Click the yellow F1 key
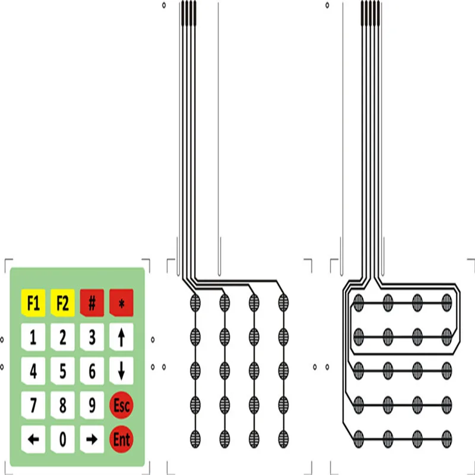pyautogui.click(x=33, y=303)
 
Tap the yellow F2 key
pyautogui.click(x=62, y=303)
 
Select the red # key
pyautogui.click(x=92, y=303)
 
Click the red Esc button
pyautogui.click(x=121, y=406)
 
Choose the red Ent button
pyautogui.click(x=121, y=439)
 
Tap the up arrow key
pyautogui.click(x=121, y=338)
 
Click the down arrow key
pyautogui.click(x=121, y=372)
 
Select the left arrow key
pyautogui.click(x=33, y=439)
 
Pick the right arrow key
pyautogui.click(x=92, y=439)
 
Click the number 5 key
pyautogui.click(x=62, y=372)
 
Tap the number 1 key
pyautogui.click(x=33, y=338)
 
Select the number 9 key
pyautogui.click(x=92, y=406)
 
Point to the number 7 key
pyautogui.click(x=33, y=406)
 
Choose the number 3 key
pyautogui.click(x=92, y=338)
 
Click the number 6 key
pyautogui.click(x=92, y=372)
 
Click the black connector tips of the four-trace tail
pyautogui.click(x=188, y=13)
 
